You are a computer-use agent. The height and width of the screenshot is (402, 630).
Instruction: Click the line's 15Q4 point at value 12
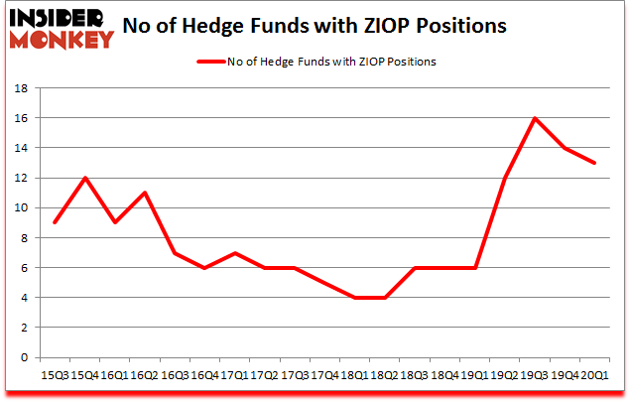(85, 178)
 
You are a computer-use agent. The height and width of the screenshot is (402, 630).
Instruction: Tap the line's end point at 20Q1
(594, 163)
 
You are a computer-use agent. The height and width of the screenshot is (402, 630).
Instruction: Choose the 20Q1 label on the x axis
(594, 376)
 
